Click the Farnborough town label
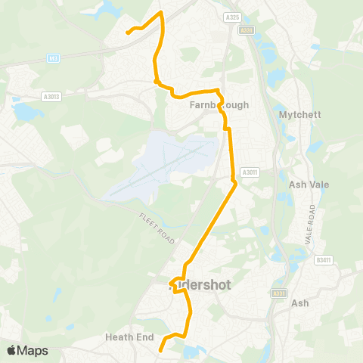click(219, 106)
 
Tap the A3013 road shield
click(51, 96)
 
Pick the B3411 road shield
click(324, 260)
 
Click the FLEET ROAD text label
click(157, 228)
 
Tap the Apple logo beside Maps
click(12, 350)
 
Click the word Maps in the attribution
click(33, 350)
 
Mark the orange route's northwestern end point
click(126, 33)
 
